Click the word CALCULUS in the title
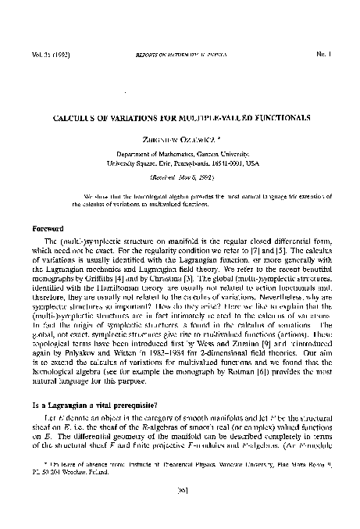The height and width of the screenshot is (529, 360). pos(76,116)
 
